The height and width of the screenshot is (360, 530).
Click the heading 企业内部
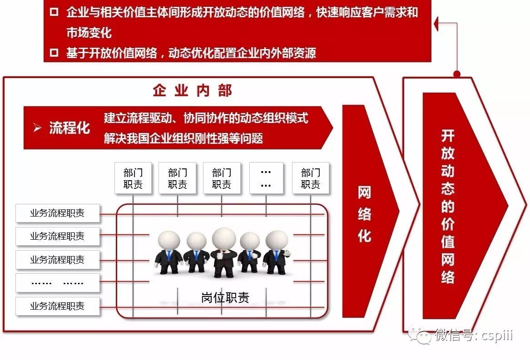point(193,91)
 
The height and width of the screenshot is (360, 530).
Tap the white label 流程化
point(69,128)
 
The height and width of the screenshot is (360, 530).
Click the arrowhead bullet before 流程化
point(37,128)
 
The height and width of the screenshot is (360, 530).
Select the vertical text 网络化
point(364,214)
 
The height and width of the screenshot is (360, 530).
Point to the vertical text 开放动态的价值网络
point(448,207)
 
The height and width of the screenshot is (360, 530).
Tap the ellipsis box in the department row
point(266,178)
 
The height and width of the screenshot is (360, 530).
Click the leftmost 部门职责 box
point(133,178)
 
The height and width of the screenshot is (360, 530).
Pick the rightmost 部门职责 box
point(311,178)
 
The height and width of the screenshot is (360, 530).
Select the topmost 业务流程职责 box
point(57,213)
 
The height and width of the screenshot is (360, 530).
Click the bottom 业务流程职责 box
point(57,306)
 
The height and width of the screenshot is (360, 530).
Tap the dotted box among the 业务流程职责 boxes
point(57,282)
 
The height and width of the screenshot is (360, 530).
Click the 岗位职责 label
point(225,297)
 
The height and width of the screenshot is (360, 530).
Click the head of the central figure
point(223,238)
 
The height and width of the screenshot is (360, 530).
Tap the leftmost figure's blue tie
point(169,256)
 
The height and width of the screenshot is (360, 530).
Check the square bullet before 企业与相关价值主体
point(54,12)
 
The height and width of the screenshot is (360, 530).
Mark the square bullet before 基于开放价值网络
point(54,53)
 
